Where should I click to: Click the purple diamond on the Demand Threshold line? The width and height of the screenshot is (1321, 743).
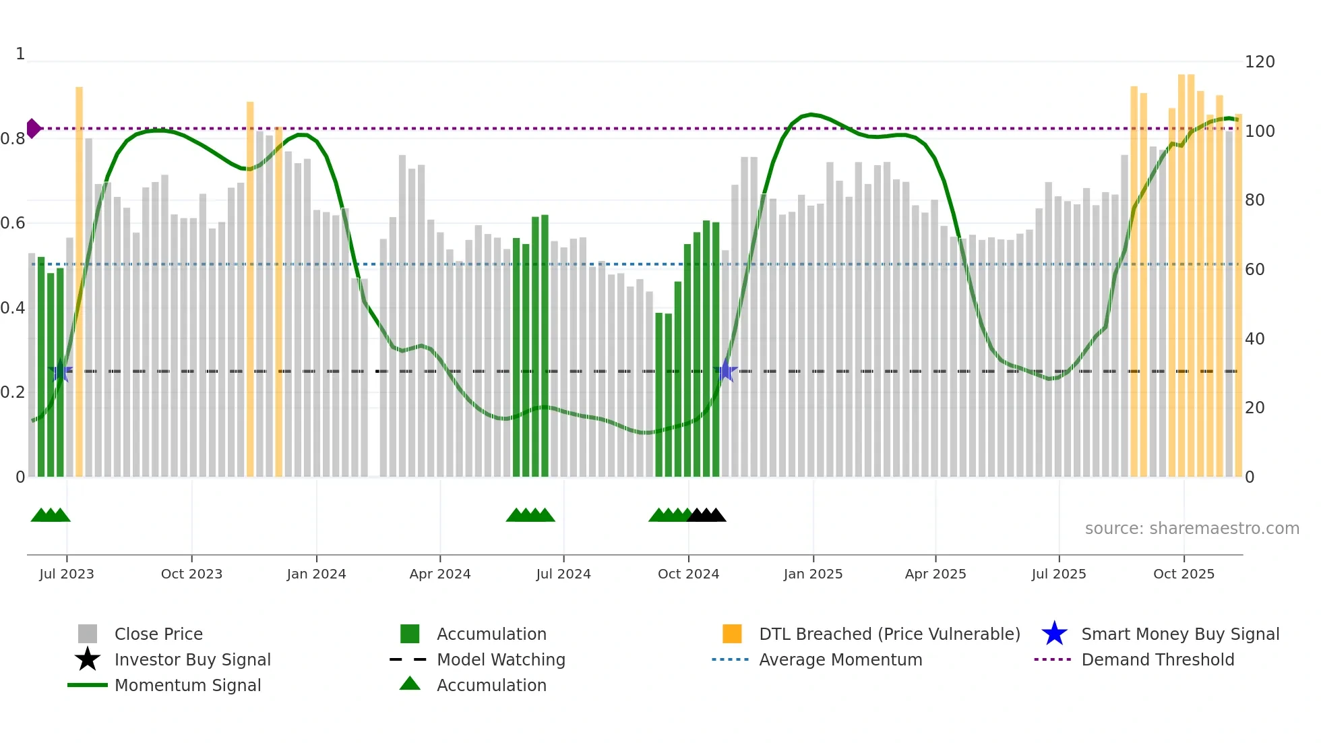[33, 128]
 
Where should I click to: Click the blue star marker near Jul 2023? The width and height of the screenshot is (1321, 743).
[61, 371]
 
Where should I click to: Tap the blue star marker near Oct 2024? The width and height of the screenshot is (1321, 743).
[725, 371]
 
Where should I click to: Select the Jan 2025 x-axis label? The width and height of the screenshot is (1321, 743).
[813, 574]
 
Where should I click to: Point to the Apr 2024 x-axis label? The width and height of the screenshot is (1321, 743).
[440, 574]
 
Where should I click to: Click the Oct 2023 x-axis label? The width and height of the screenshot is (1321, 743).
[191, 574]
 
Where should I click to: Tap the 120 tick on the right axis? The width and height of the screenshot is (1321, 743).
[1260, 62]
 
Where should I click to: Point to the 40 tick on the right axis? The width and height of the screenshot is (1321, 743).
[1254, 339]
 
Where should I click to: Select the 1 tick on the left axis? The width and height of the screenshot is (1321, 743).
[20, 54]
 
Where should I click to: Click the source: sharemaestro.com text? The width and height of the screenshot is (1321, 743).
[1192, 529]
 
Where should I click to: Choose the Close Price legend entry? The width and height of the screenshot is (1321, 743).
[158, 634]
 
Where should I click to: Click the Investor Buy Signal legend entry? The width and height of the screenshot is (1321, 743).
[192, 660]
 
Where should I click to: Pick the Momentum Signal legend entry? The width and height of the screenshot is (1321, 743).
[187, 686]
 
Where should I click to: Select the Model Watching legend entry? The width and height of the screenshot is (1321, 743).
[501, 660]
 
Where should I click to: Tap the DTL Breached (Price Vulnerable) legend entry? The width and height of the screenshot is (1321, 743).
[889, 634]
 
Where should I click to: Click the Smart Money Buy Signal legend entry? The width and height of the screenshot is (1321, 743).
[1179, 634]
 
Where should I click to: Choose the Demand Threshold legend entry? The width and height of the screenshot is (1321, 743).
[1157, 660]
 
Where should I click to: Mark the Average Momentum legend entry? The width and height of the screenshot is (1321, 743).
[840, 660]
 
